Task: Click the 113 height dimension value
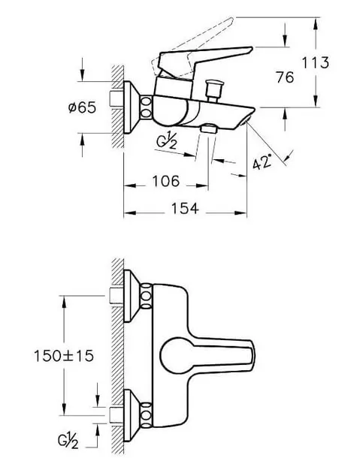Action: point(315,63)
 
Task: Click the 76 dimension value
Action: point(285,77)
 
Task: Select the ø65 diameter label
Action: point(82,107)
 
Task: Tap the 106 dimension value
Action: point(166,181)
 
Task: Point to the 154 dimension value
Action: point(185,209)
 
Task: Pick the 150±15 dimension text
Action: point(64,356)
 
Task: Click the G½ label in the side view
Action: point(166,141)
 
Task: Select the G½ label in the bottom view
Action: point(68,441)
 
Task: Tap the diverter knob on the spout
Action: point(215,90)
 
